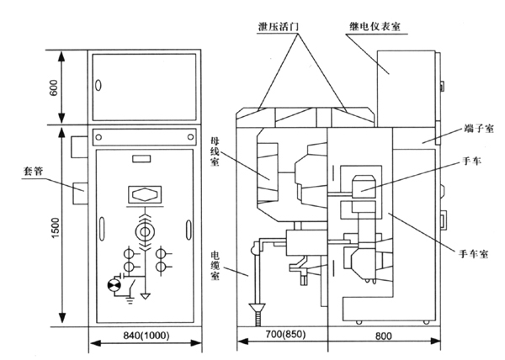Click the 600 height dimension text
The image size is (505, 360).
pyautogui.click(x=54, y=87)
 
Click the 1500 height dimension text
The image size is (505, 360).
pyautogui.click(x=56, y=228)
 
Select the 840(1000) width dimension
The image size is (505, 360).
pyautogui.click(x=146, y=336)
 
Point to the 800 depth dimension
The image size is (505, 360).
pyautogui.click(x=383, y=336)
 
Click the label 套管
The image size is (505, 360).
pyautogui.click(x=33, y=171)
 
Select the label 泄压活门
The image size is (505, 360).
pyautogui.click(x=278, y=26)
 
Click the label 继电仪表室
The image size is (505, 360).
pyautogui.click(x=375, y=26)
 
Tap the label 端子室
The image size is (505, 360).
pyautogui.click(x=479, y=129)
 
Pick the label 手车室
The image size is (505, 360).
pyautogui.click(x=473, y=254)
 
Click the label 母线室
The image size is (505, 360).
pyautogui.click(x=215, y=151)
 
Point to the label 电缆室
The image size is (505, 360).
pyautogui.click(x=215, y=266)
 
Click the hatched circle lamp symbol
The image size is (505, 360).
pyautogui.click(x=114, y=285)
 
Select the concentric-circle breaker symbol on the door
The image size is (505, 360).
pyautogui.click(x=144, y=232)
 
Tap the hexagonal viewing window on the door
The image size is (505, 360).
pyautogui.click(x=145, y=194)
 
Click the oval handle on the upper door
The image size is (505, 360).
pyautogui.click(x=98, y=86)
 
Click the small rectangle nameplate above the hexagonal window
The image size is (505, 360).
pyautogui.click(x=141, y=159)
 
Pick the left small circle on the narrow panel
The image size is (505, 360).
pyautogui.click(x=98, y=137)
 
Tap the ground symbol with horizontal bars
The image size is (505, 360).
pyautogui.click(x=130, y=300)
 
